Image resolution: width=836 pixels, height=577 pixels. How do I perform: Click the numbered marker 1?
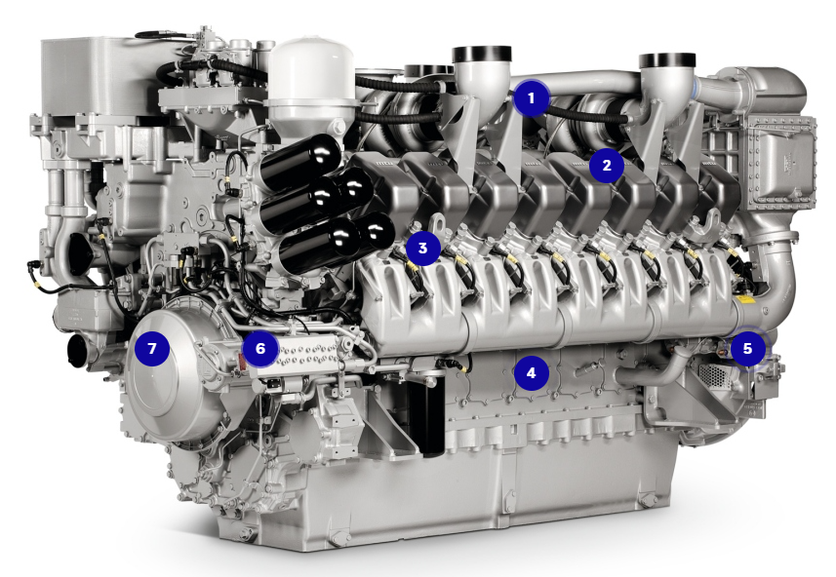(531, 98)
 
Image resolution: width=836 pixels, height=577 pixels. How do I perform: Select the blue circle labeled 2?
(606, 166)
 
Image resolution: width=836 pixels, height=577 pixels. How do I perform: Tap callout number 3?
(422, 248)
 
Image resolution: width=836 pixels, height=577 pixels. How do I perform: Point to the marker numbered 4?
(531, 373)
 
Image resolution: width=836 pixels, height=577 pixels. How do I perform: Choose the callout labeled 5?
(747, 348)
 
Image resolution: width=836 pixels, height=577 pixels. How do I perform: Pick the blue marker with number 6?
(260, 348)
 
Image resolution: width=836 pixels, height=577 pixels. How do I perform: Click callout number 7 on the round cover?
(152, 348)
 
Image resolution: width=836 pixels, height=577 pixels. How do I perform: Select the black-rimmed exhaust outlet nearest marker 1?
(482, 54)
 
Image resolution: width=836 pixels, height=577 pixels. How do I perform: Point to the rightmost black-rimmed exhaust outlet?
(667, 59)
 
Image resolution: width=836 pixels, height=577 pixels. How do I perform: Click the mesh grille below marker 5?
(713, 374)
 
